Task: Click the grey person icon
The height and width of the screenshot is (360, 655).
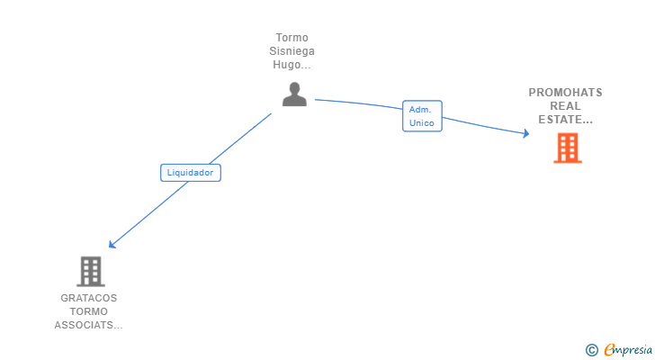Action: [294, 94]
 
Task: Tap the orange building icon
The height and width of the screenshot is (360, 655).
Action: [568, 148]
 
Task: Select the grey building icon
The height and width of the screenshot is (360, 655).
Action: [90, 271]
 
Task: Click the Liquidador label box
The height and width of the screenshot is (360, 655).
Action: [191, 172]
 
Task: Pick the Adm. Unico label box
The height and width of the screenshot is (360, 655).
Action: [422, 116]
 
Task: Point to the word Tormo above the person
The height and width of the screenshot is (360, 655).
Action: [292, 38]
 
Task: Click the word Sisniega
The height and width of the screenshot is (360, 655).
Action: [292, 51]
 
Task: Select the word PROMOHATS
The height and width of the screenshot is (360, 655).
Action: [565, 93]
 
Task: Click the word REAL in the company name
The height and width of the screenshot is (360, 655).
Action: [565, 106]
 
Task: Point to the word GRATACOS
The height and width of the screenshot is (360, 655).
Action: [88, 298]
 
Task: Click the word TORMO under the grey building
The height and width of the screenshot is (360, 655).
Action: [88, 311]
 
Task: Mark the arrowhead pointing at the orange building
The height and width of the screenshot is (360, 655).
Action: [525, 135]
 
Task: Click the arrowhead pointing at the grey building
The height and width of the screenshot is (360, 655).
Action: [112, 244]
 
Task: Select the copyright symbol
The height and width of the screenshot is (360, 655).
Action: [591, 349]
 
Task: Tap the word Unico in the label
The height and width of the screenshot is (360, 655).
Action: [421, 122]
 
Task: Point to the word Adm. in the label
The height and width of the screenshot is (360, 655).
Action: [420, 110]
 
